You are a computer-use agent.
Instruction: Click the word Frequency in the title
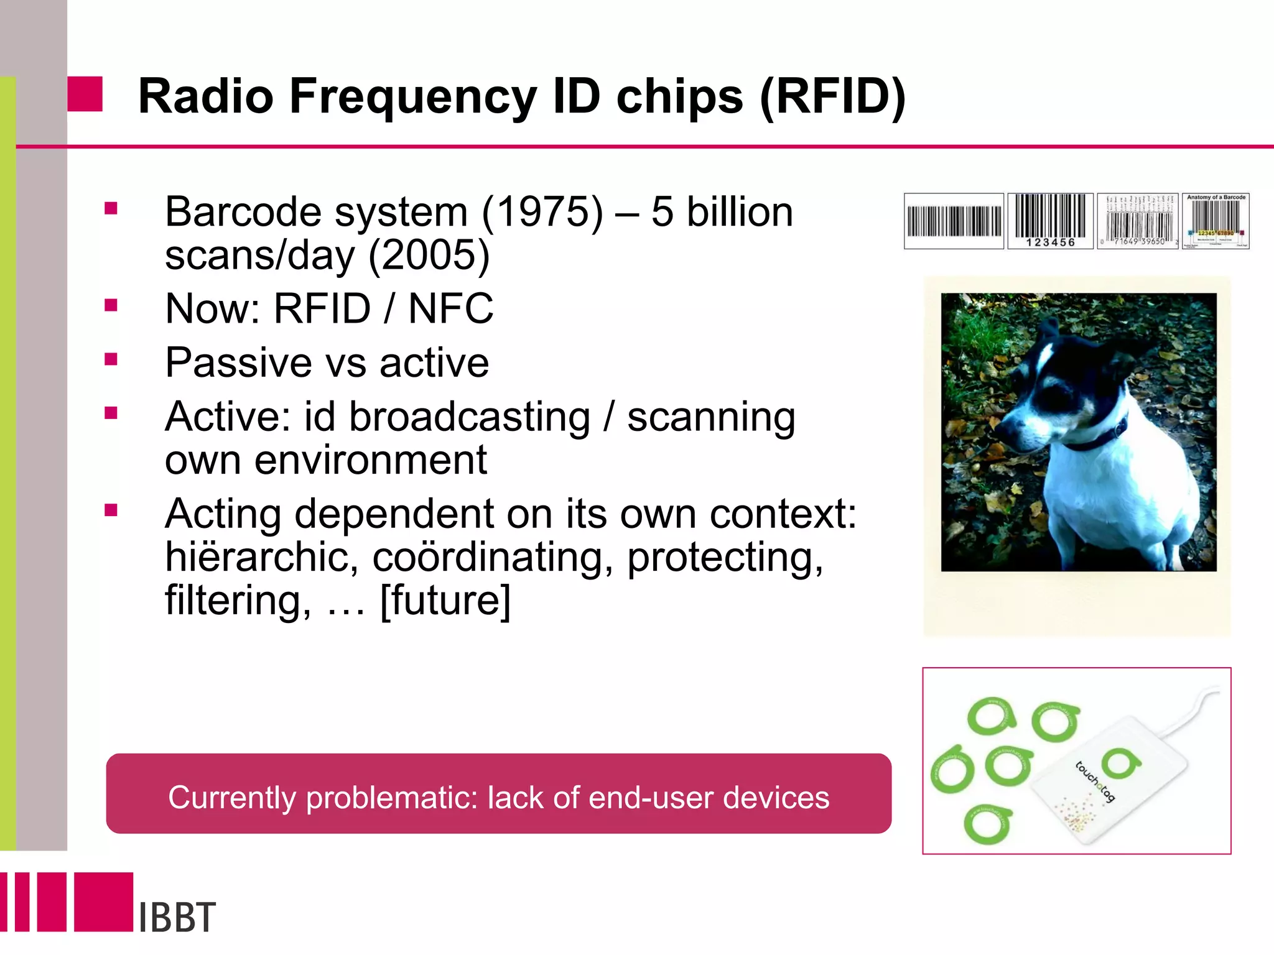pos(411,97)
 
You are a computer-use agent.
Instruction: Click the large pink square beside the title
pos(85,94)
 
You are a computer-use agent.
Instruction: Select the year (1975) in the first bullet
pos(542,212)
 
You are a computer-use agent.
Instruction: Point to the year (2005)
pos(429,256)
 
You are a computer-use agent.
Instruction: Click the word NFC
pos(450,309)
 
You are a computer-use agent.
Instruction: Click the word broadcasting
pos(469,417)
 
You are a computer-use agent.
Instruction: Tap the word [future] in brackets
pos(445,601)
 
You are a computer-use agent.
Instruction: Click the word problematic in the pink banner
pos(391,798)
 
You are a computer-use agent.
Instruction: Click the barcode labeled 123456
pos(1050,221)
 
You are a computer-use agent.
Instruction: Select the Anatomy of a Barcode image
pos(1216,221)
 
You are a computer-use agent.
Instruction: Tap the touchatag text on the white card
pos(1095,782)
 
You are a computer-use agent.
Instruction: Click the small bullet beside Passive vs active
pos(111,359)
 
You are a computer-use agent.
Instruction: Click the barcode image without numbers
pos(954,221)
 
